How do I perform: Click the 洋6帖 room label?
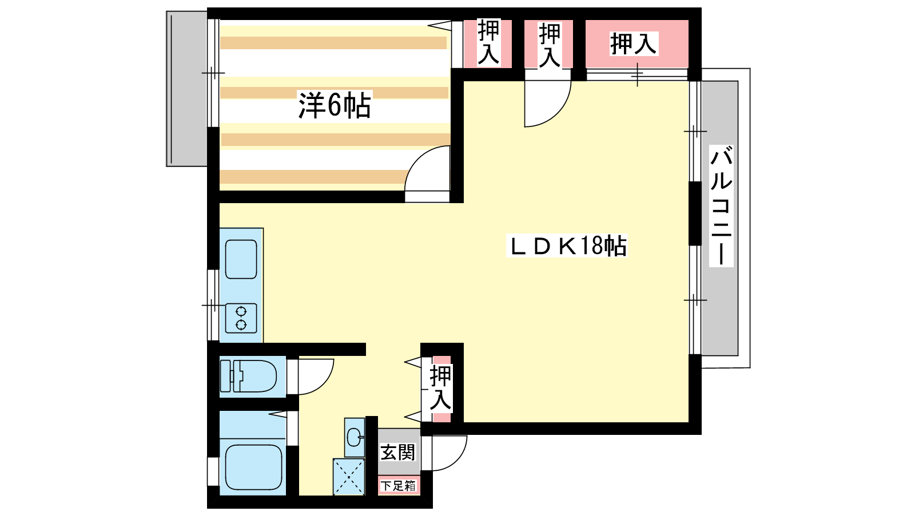(335, 105)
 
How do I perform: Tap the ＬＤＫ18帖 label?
(567, 245)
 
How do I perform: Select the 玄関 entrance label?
(397, 452)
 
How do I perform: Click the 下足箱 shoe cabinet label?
(398, 486)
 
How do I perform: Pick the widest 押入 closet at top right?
(637, 43)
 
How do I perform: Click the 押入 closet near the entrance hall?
(441, 389)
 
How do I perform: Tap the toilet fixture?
(248, 377)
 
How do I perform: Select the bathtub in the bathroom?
(254, 467)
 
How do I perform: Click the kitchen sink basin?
(241, 259)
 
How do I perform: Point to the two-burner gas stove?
(241, 318)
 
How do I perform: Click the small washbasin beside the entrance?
(354, 438)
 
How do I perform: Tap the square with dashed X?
(349, 477)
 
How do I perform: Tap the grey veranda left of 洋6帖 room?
(186, 89)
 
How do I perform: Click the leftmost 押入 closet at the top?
(488, 43)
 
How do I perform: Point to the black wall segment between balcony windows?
(695, 214)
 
